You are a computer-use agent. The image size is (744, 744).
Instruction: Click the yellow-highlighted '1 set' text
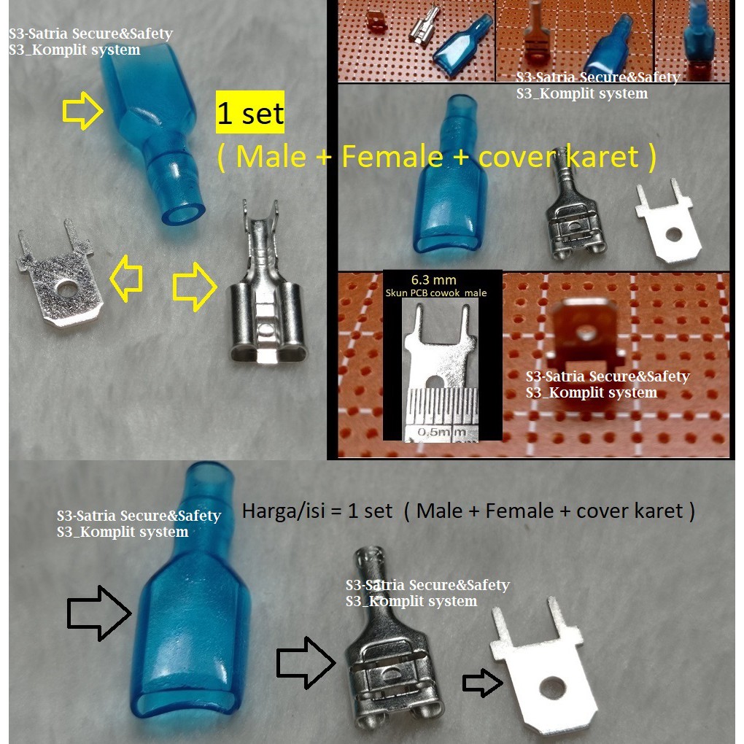pyautogui.click(x=250, y=115)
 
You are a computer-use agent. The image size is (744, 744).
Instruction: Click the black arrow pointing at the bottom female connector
pyautogui.click(x=305, y=662)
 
